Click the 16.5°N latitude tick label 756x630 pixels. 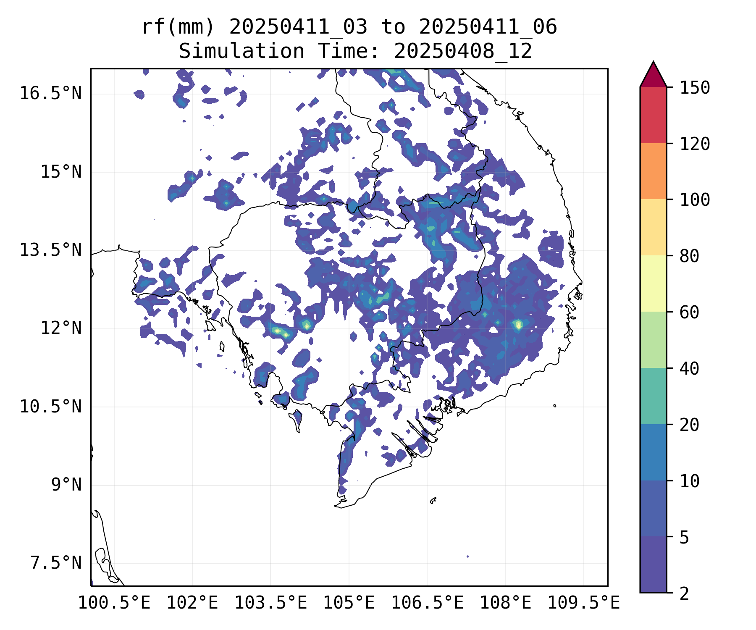50,93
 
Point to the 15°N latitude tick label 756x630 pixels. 61,172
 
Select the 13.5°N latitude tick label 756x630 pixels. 50,250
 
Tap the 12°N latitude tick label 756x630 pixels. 61,328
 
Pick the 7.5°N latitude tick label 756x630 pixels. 56,563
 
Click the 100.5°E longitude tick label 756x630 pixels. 114,603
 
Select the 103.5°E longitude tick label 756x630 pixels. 270,603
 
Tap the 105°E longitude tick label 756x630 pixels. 349,603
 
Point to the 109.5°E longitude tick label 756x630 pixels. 583,603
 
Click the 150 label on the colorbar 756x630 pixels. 695,88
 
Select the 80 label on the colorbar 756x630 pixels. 689,256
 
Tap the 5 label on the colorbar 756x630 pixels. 684,537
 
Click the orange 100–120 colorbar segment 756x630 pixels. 653,171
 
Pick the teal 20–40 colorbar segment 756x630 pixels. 653,396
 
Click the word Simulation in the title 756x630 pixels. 241,51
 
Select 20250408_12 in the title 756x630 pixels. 463,51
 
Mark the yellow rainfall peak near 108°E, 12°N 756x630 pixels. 518,324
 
